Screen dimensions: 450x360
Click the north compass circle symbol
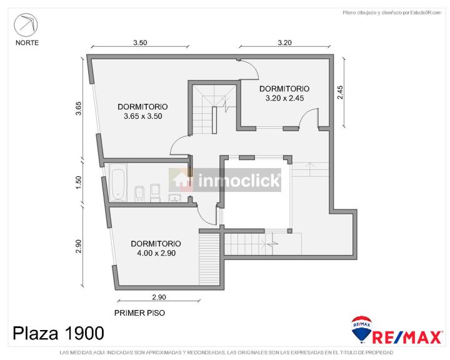pyautogui.click(x=26, y=25)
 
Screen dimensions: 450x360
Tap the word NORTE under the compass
pyautogui.click(x=27, y=42)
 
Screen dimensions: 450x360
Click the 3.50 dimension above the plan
pyautogui.click(x=140, y=42)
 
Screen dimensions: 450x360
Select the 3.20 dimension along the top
pyautogui.click(x=285, y=42)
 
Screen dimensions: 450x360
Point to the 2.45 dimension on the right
pyautogui.click(x=340, y=92)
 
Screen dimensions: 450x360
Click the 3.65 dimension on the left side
pyautogui.click(x=78, y=109)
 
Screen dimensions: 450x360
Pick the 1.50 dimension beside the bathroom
pyautogui.click(x=78, y=182)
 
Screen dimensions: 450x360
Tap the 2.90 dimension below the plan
pyautogui.click(x=159, y=297)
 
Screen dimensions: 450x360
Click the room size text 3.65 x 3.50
pyautogui.click(x=143, y=116)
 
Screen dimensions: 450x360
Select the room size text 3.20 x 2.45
pyautogui.click(x=285, y=98)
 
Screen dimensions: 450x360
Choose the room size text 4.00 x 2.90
pyautogui.click(x=156, y=253)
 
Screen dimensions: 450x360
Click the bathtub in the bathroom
pyautogui.click(x=118, y=182)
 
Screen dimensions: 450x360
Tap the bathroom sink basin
pyautogui.click(x=174, y=197)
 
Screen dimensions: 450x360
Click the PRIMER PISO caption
pyautogui.click(x=139, y=313)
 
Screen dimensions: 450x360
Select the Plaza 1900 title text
pyautogui.click(x=58, y=333)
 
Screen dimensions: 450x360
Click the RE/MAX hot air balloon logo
pyautogui.click(x=362, y=329)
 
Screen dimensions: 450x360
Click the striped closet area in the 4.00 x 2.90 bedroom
pyautogui.click(x=209, y=259)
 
